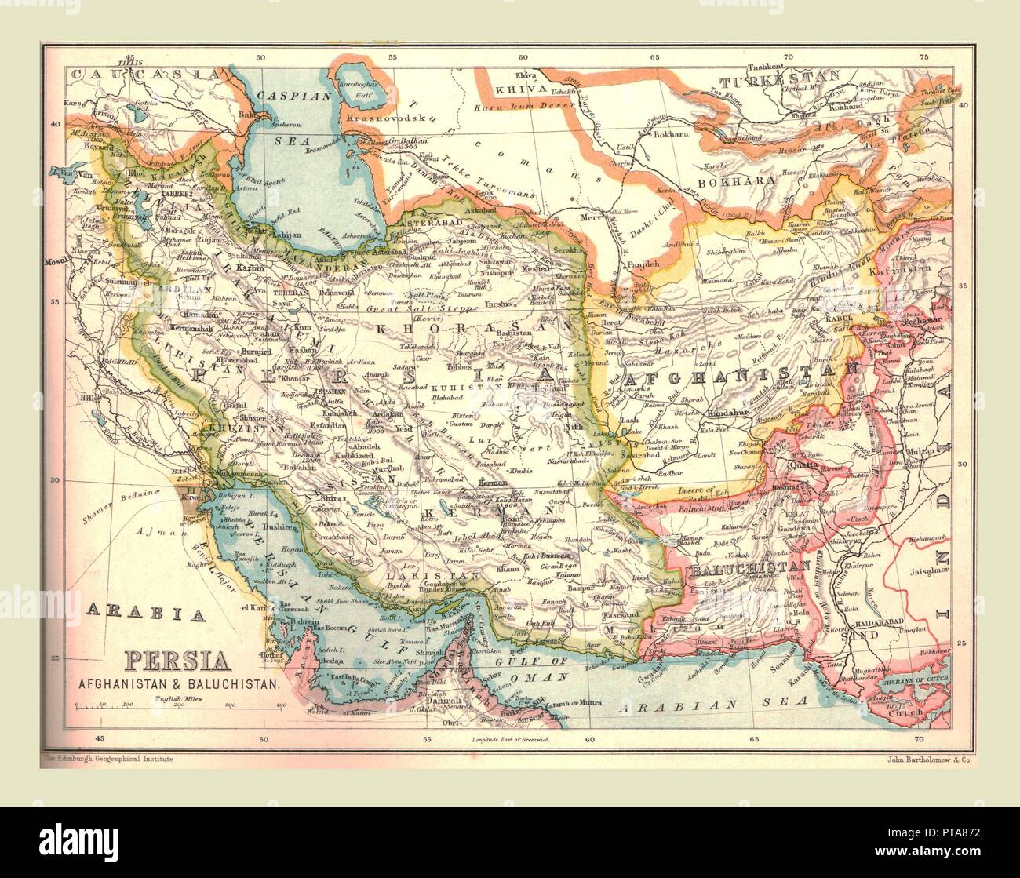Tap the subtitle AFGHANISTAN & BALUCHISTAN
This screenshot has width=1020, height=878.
(178, 683)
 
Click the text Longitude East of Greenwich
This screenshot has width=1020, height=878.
(511, 740)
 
